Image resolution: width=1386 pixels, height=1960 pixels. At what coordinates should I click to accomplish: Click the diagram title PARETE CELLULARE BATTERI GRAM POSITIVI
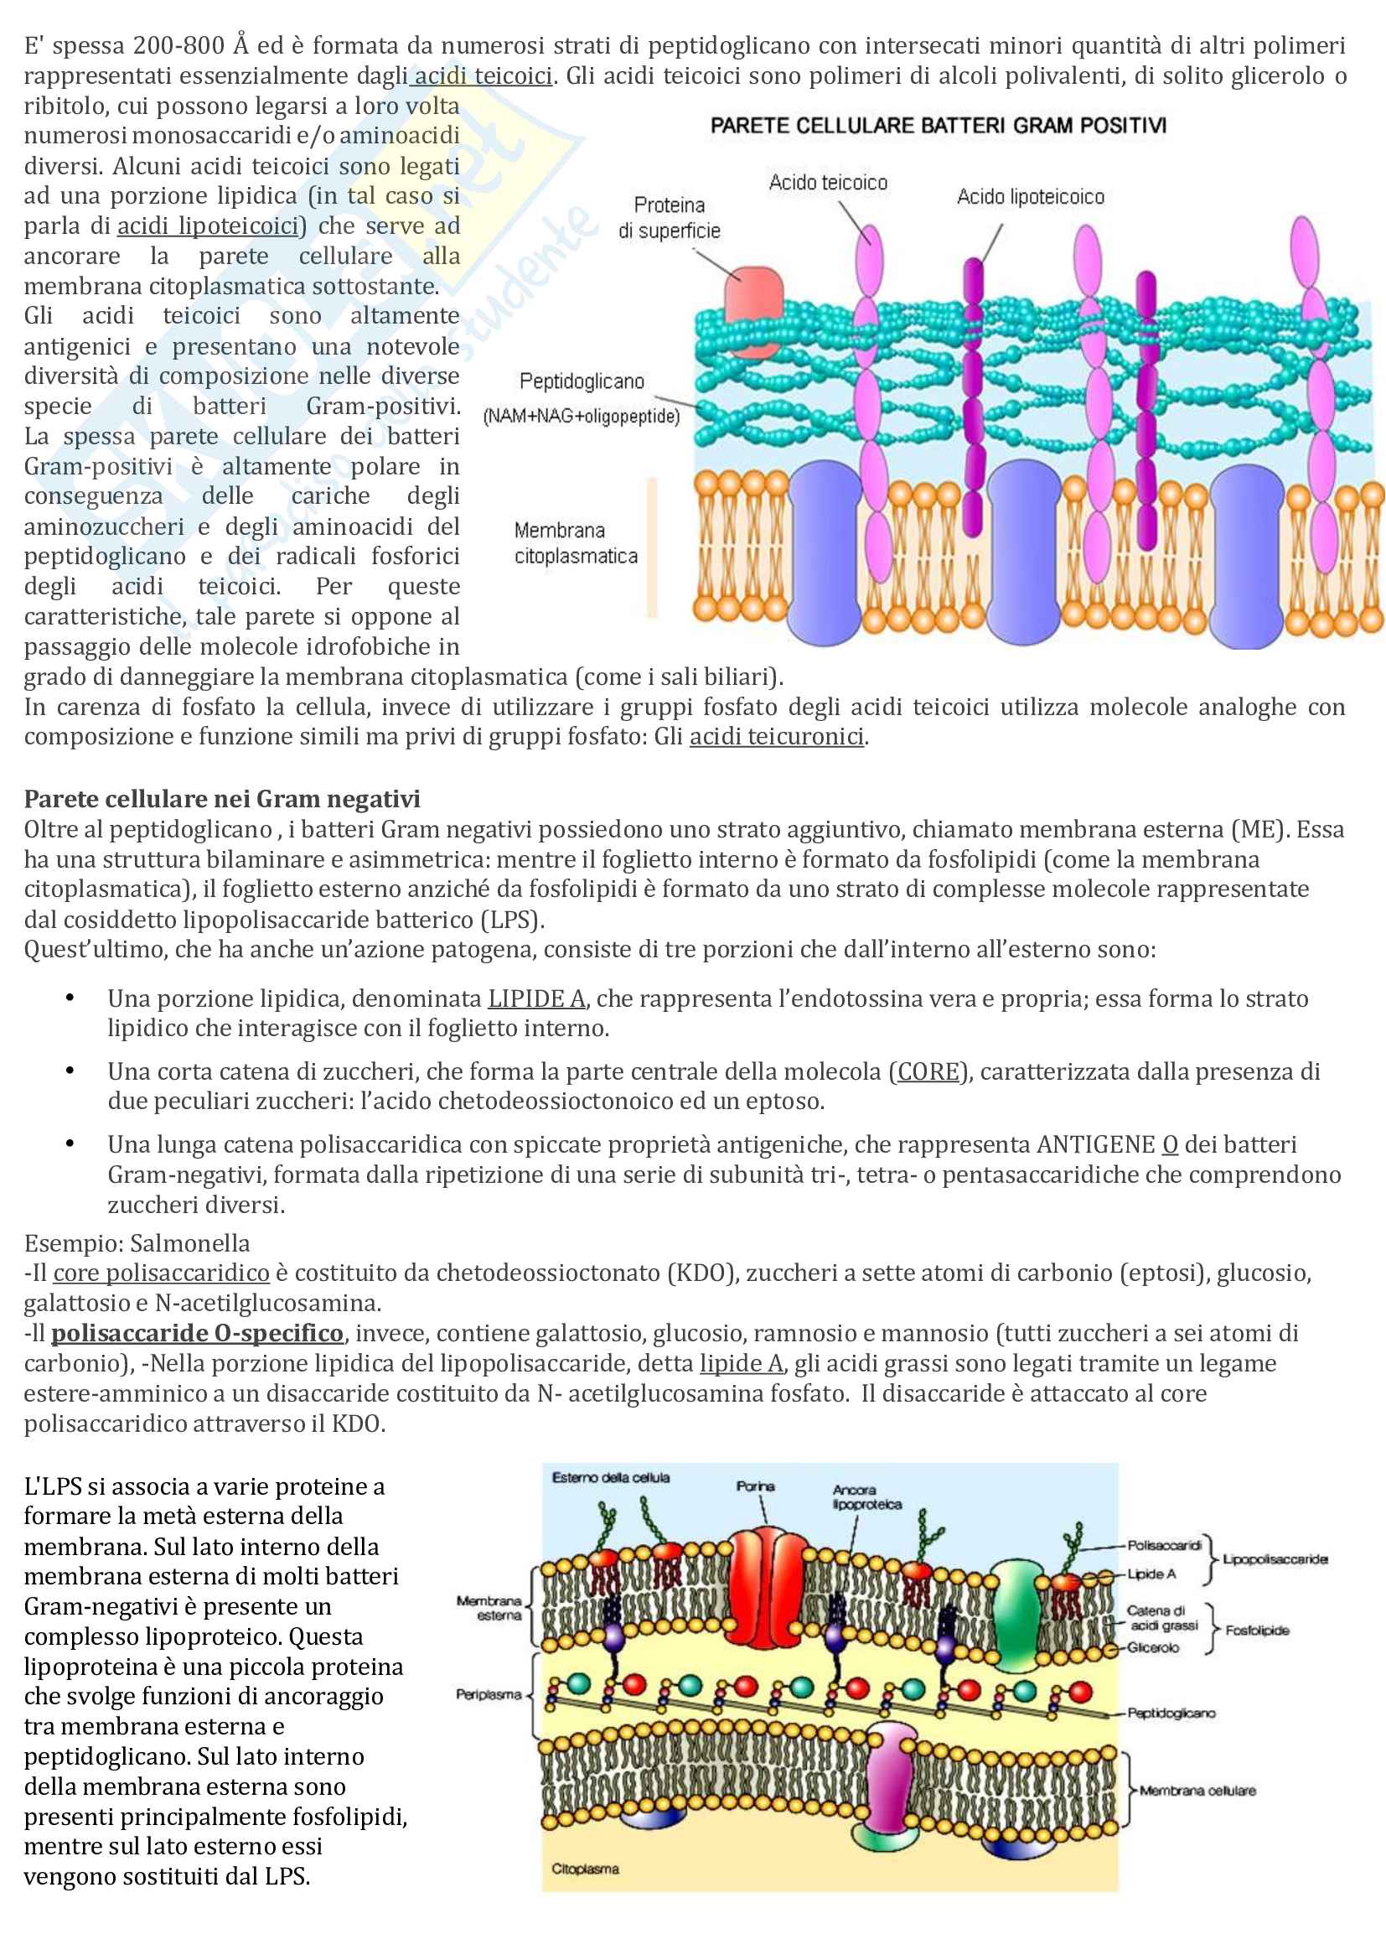[938, 127]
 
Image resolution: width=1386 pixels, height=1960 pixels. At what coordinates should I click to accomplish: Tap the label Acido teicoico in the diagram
[828, 183]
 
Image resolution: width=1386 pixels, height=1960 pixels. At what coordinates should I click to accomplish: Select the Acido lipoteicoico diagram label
[1030, 197]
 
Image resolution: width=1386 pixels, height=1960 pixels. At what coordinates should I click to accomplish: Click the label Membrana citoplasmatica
[575, 543]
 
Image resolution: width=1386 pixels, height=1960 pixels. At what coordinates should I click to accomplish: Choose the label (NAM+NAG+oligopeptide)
[582, 417]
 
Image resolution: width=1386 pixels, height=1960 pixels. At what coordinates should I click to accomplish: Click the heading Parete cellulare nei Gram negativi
[222, 799]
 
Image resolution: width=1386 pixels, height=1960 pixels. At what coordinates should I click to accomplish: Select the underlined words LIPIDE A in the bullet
[536, 998]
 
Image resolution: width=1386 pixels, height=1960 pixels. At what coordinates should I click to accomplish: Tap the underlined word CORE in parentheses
[928, 1071]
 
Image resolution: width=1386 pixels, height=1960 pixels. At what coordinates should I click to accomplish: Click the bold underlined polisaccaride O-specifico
[197, 1334]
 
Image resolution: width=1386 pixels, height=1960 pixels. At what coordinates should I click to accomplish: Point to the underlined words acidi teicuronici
[777, 737]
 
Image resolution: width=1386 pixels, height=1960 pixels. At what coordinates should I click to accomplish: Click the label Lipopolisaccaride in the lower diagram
[1275, 1559]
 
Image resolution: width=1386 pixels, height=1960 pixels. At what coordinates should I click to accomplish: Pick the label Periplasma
[489, 1694]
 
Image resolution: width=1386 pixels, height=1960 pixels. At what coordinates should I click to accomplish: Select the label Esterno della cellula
[610, 1478]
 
